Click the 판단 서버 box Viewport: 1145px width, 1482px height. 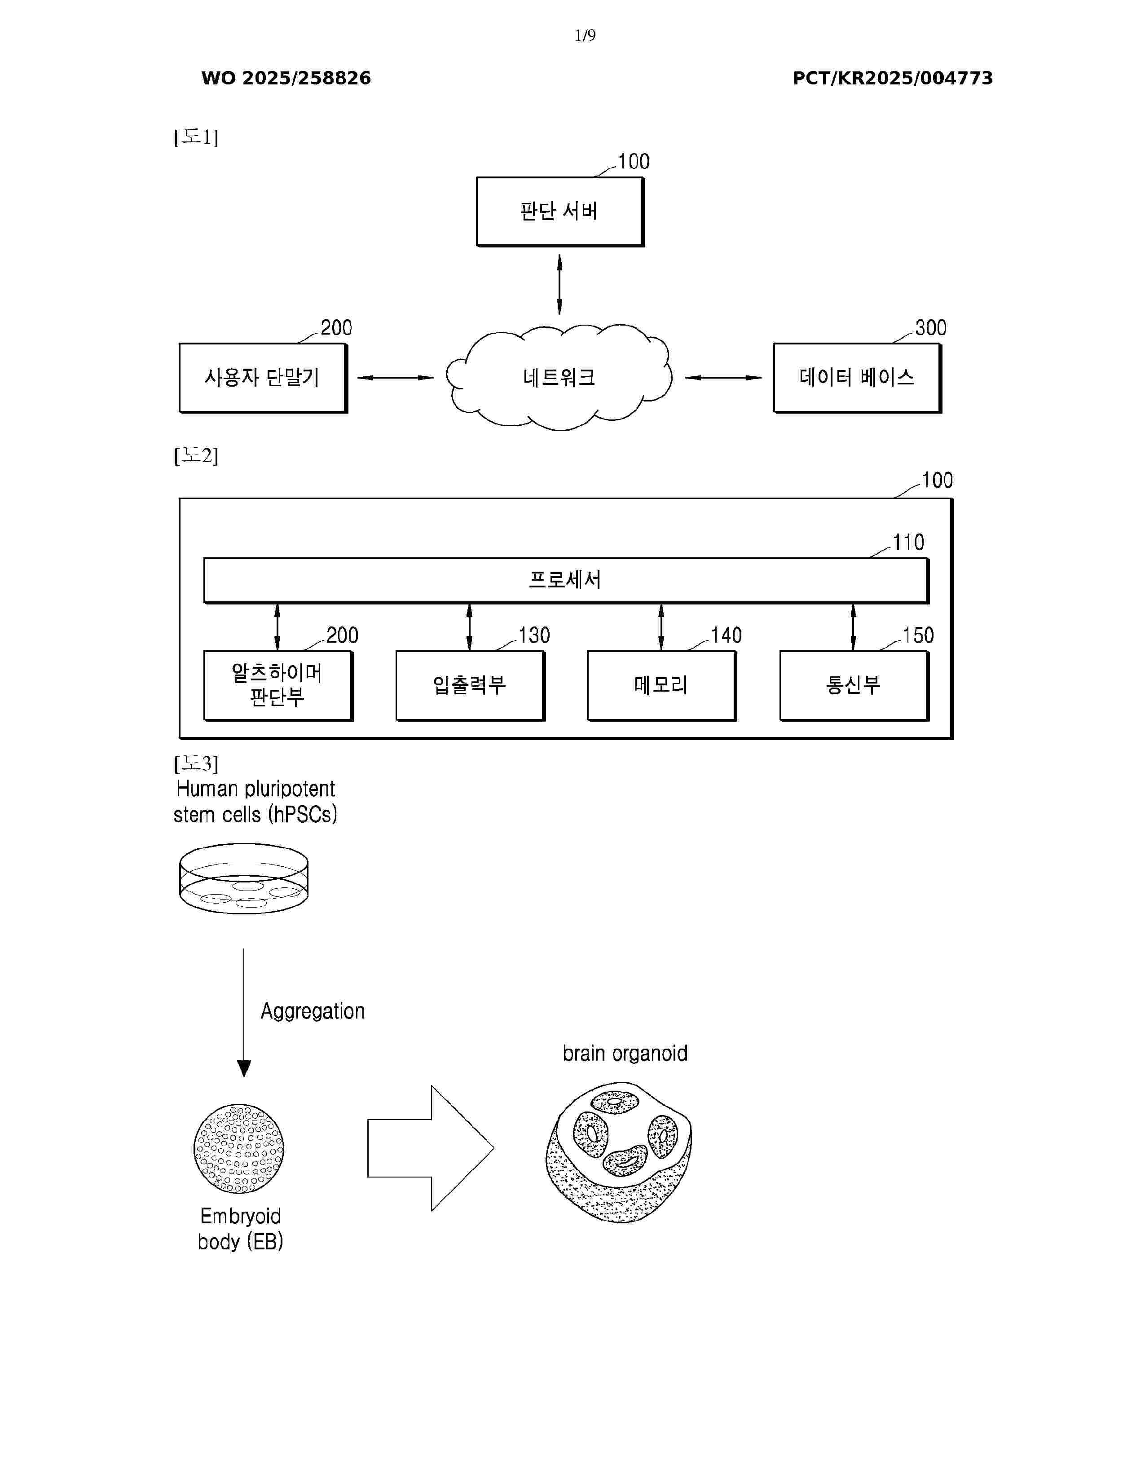[x=559, y=212]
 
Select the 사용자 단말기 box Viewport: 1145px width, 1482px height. [x=263, y=378]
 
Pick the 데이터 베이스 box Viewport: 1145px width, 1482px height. [x=857, y=378]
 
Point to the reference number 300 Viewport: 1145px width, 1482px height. [x=931, y=328]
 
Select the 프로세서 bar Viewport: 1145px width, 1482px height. [x=566, y=580]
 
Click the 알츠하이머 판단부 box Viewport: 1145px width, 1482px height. [x=277, y=685]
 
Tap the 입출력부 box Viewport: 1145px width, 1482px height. [x=469, y=685]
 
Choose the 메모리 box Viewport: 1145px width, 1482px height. [x=661, y=685]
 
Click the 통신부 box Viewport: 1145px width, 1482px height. [x=853, y=685]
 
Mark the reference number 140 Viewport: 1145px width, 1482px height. [x=726, y=636]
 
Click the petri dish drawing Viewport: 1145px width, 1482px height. [x=243, y=879]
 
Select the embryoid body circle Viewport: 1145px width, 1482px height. [x=239, y=1149]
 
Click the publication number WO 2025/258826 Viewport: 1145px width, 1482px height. [x=286, y=79]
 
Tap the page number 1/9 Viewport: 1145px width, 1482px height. [x=585, y=35]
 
